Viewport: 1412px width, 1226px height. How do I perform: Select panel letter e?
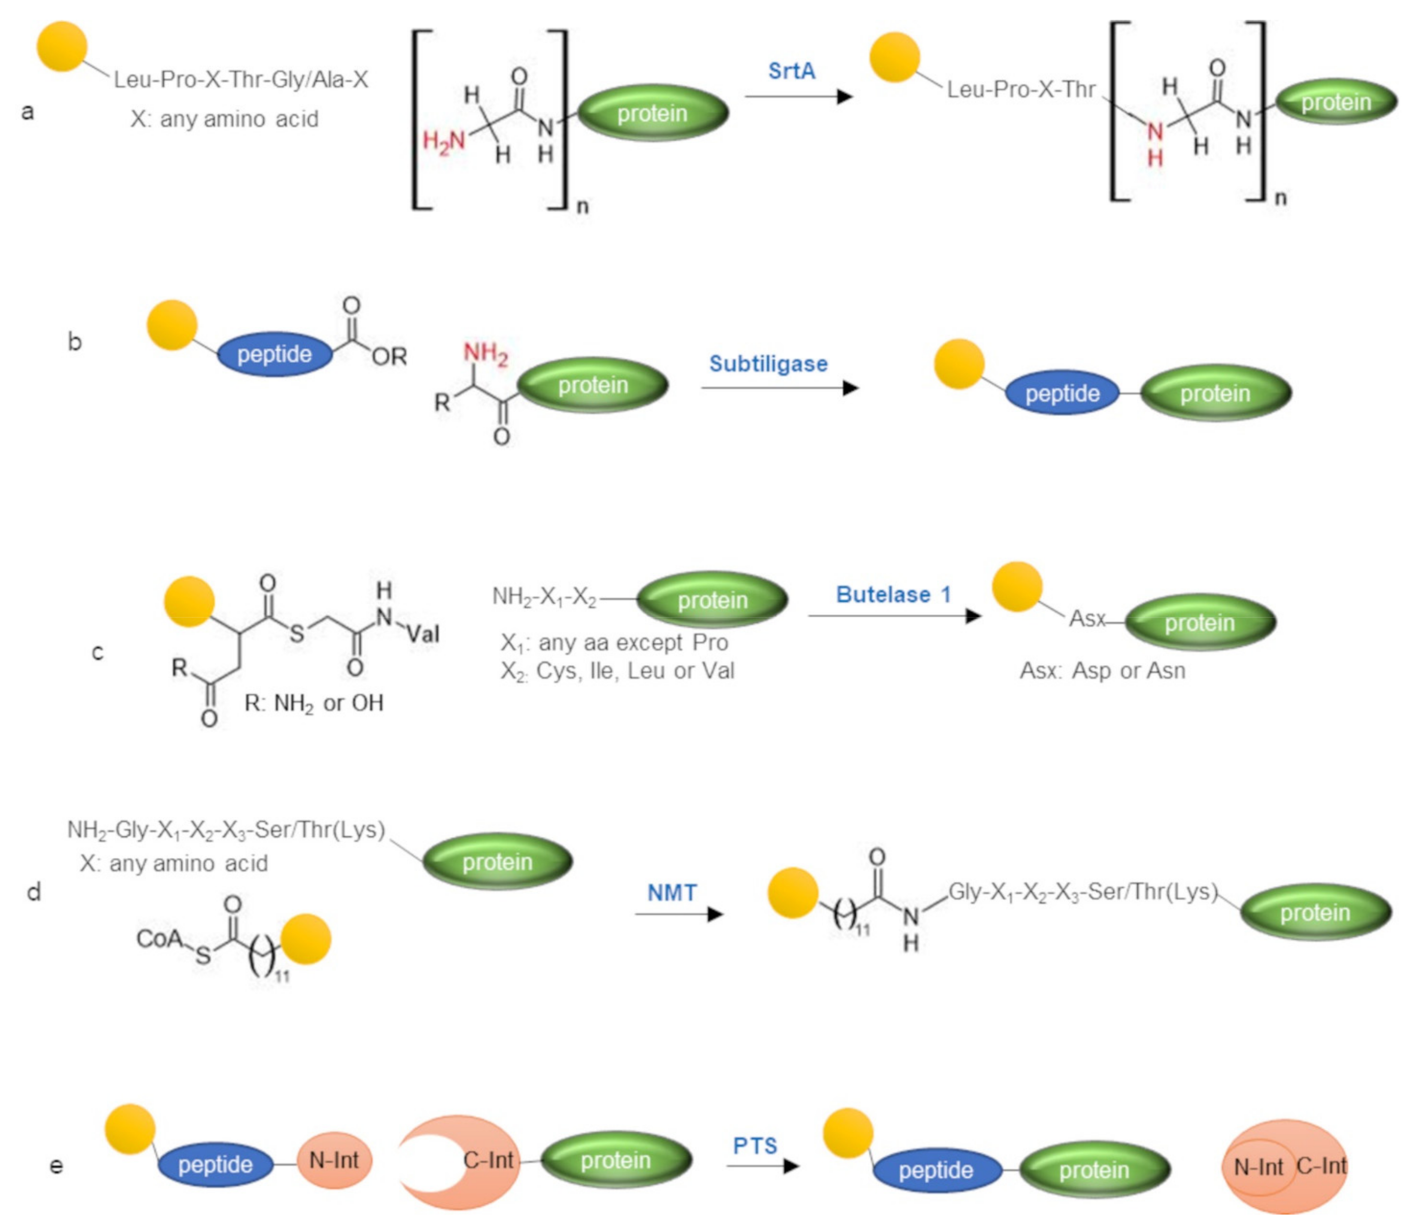pyautogui.click(x=57, y=1165)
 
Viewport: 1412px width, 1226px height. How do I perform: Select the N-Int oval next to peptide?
pyautogui.click(x=334, y=1160)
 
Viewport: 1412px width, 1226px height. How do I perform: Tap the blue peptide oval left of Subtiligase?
pyautogui.click(x=274, y=354)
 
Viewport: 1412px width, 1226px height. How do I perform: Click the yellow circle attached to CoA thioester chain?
pyautogui.click(x=306, y=939)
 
